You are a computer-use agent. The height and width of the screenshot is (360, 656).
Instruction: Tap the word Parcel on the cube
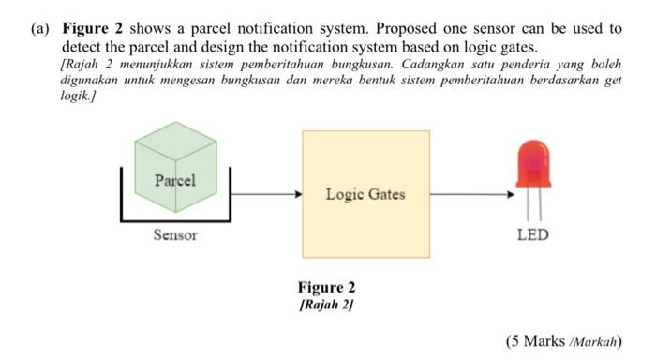175,180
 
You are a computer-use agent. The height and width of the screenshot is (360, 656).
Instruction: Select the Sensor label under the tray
175,234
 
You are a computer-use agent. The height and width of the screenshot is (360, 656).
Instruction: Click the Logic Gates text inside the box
365,194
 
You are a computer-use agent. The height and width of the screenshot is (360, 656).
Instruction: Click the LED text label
533,234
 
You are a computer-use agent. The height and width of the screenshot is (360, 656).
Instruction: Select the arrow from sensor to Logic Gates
266,195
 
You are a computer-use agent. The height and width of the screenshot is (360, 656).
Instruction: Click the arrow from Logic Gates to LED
471,195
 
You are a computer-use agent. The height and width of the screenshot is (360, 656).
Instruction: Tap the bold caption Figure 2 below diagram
326,288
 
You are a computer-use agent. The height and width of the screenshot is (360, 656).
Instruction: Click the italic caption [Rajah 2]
326,305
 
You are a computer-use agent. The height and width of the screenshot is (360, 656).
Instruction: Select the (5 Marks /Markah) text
562,340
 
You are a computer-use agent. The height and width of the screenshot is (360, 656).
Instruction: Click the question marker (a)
39,28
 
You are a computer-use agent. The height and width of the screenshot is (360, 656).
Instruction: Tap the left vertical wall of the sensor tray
122,192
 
